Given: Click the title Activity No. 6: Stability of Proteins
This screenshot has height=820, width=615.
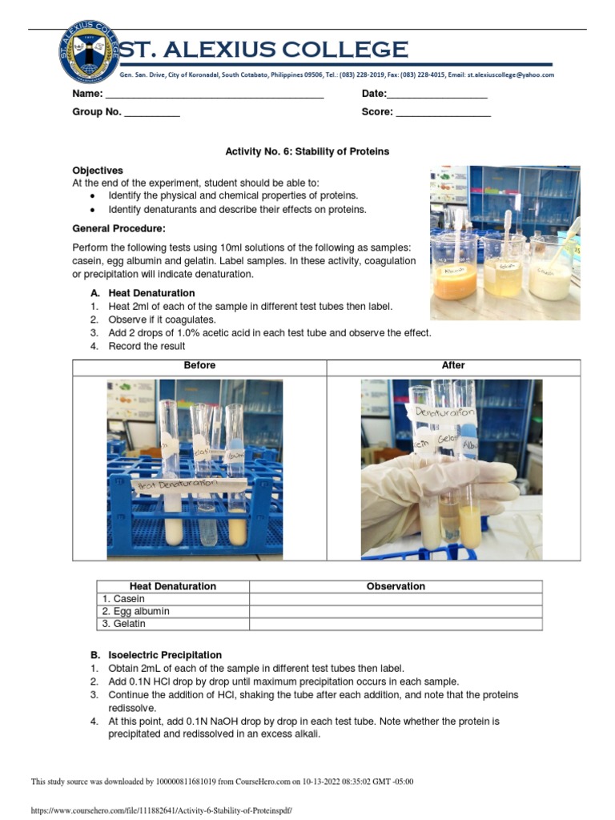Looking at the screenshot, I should (307, 151).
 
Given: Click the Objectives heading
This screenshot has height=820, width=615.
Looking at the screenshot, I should (98, 171).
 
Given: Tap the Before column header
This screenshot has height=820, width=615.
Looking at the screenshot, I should (199, 365).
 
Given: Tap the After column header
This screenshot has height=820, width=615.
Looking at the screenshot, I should (453, 365).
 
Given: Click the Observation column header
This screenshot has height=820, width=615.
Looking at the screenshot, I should (396, 586).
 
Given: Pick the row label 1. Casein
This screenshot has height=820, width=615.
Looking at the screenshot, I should (123, 599).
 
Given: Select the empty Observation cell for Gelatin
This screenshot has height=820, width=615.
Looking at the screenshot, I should (396, 624).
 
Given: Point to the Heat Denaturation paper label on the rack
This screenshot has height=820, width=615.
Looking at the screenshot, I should (177, 484).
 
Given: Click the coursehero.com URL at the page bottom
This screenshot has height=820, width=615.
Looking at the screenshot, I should (161, 811).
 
